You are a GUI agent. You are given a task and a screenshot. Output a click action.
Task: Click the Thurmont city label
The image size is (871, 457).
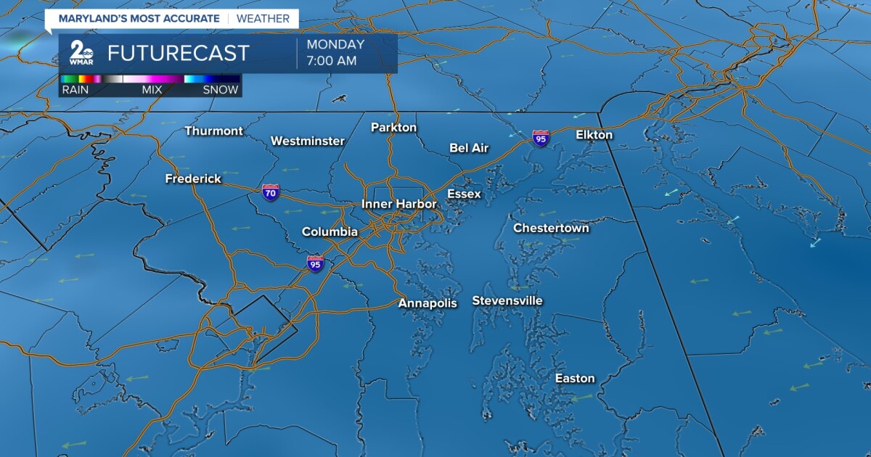point(213,131)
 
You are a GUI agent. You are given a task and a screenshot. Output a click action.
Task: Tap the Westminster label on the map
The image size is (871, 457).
point(307,141)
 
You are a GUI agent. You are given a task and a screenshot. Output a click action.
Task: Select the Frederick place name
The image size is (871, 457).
point(193,178)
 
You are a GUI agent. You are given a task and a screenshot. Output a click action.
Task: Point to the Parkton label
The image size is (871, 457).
point(393,128)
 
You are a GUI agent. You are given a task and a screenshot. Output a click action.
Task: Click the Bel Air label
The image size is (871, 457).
point(469,148)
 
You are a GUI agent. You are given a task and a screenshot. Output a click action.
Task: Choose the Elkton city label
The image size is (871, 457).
point(594,135)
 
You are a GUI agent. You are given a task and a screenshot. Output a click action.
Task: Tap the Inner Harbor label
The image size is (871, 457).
point(399,205)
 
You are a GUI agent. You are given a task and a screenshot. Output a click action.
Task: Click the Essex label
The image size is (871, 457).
point(464,194)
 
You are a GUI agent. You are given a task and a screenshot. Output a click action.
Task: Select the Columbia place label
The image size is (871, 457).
point(330,232)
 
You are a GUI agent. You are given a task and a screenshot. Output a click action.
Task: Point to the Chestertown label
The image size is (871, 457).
point(551,228)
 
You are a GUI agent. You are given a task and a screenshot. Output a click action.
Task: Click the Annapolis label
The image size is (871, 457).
point(428,303)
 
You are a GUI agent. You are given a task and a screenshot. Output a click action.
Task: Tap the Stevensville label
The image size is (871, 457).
point(507,301)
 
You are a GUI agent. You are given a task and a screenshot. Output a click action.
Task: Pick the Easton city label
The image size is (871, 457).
point(575,379)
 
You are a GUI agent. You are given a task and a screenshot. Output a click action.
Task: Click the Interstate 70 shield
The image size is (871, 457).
point(271,193)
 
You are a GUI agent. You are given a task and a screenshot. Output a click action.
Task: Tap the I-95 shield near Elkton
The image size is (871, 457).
point(540,138)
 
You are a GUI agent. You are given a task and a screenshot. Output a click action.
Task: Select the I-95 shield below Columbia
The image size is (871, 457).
point(315,263)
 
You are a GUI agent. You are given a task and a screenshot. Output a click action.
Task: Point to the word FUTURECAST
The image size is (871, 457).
point(179,53)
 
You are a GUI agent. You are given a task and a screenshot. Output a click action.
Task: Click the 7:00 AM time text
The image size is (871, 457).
point(332,61)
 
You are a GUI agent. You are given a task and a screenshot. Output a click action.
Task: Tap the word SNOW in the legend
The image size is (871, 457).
point(221,90)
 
